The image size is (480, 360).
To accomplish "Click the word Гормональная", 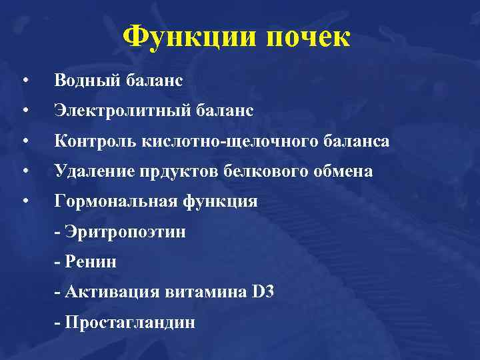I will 113,201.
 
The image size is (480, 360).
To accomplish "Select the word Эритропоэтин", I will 124,232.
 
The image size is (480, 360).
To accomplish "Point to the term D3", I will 263,292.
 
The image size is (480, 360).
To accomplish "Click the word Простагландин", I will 129,323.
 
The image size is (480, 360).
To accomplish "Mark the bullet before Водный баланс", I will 24,81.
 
